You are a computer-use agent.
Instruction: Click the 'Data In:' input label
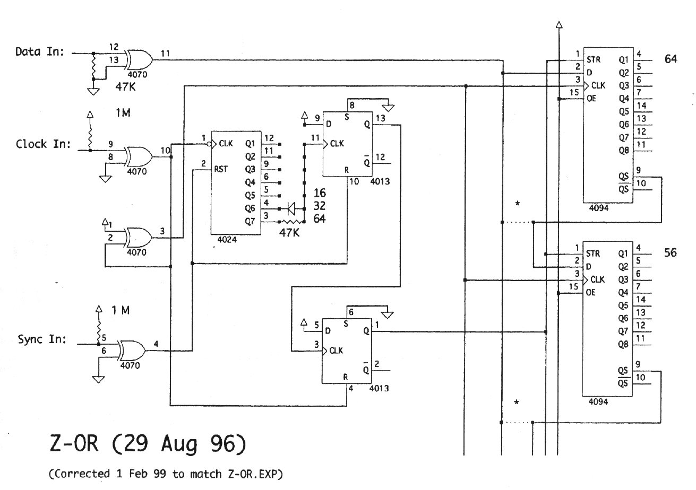click(40, 52)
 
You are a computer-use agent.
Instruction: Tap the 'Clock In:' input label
click(43, 144)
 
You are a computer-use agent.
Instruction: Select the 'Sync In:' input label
click(42, 339)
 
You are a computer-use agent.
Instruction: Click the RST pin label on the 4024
click(221, 170)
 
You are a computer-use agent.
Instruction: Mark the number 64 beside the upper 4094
click(671, 59)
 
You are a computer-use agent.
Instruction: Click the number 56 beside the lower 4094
click(671, 253)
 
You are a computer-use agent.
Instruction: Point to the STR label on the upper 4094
click(594, 59)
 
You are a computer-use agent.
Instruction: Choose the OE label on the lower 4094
click(591, 292)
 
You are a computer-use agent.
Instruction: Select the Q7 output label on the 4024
click(251, 221)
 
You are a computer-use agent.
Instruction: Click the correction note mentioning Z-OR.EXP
click(165, 474)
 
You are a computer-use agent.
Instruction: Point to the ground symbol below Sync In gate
click(98, 379)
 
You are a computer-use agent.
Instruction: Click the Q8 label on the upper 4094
click(623, 150)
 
